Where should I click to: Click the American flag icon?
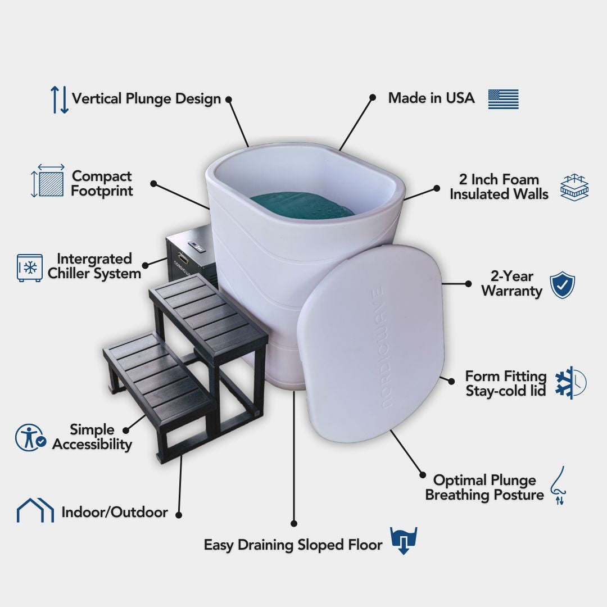pos(503,99)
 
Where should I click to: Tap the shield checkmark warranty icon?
pos(562,285)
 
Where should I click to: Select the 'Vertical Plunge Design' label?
pos(146,98)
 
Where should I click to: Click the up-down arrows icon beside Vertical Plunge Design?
pos(60,99)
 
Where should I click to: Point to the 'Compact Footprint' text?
pos(102,183)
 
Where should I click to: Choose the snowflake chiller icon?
pos(29,268)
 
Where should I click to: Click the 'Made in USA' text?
pos(431,98)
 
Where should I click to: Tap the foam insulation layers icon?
pos(574,187)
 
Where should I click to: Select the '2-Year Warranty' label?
pos(511,283)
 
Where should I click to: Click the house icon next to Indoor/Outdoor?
pos(35,510)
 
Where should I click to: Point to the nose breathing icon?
pos(559,486)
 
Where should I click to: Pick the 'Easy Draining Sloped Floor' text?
pos(293,545)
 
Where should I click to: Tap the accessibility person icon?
pos(30,437)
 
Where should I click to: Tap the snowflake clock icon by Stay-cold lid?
pos(570,383)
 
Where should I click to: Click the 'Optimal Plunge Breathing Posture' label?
pos(484,487)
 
